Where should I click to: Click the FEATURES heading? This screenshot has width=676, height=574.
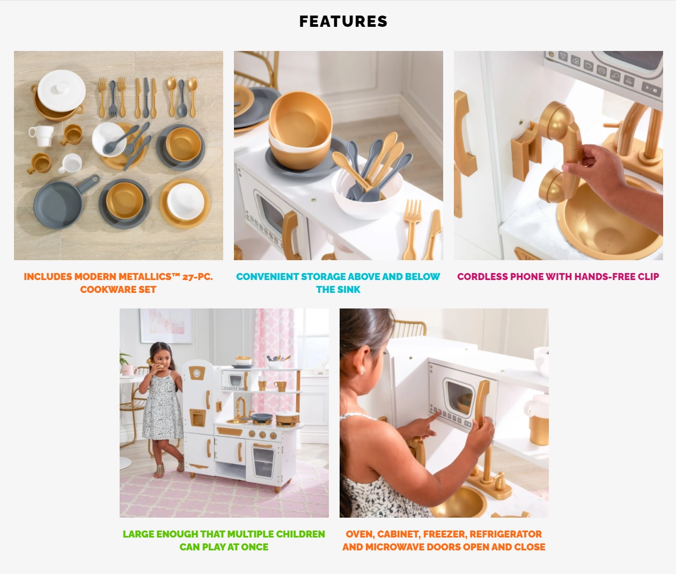[x=343, y=21]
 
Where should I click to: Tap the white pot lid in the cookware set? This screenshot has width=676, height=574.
[x=61, y=91]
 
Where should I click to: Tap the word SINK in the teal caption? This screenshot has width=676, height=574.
[x=350, y=290]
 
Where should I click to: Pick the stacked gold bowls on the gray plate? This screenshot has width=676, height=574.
[x=299, y=130]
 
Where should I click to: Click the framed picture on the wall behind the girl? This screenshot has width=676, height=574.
[x=166, y=326]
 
